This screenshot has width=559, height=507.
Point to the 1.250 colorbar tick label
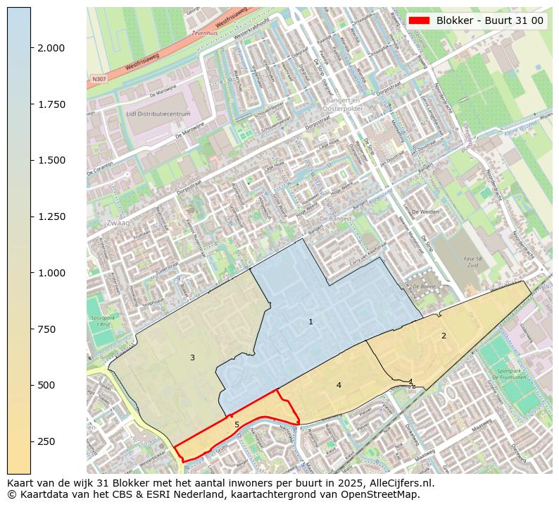click(x=51, y=216)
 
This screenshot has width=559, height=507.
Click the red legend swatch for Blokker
click(x=420, y=20)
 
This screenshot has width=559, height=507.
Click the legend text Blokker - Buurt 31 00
click(x=489, y=20)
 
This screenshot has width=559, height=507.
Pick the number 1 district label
click(x=310, y=322)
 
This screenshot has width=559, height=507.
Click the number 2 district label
click(x=444, y=336)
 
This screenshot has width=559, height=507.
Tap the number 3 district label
click(x=192, y=358)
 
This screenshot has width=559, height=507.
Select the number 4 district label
click(x=339, y=385)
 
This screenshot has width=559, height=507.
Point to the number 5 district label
click(x=237, y=424)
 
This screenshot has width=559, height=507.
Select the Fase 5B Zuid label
click(x=473, y=262)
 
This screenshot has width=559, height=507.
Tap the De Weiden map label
click(x=425, y=212)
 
